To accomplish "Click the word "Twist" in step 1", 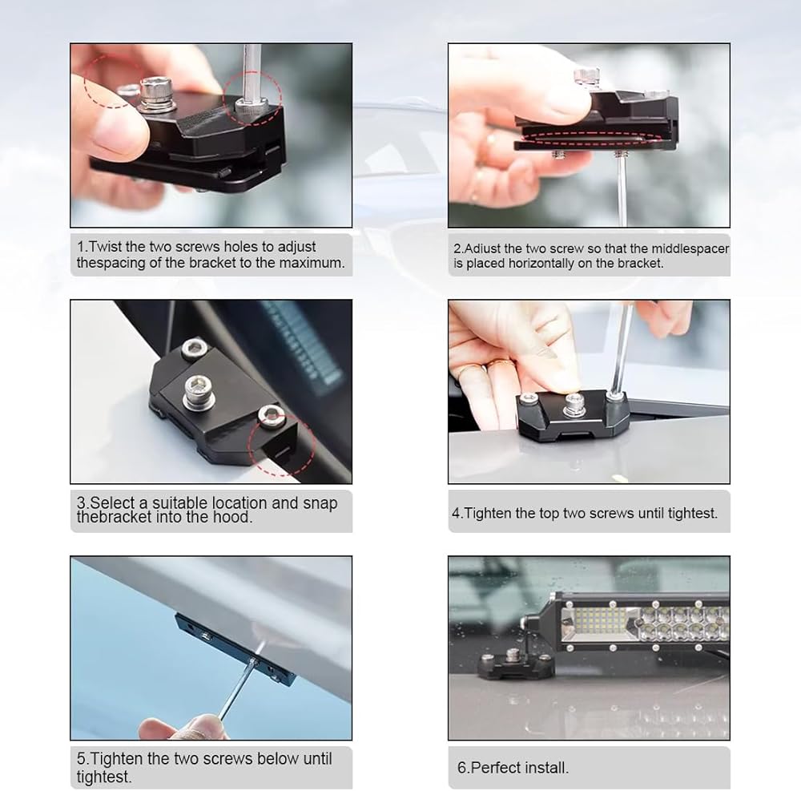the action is point(105,247).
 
